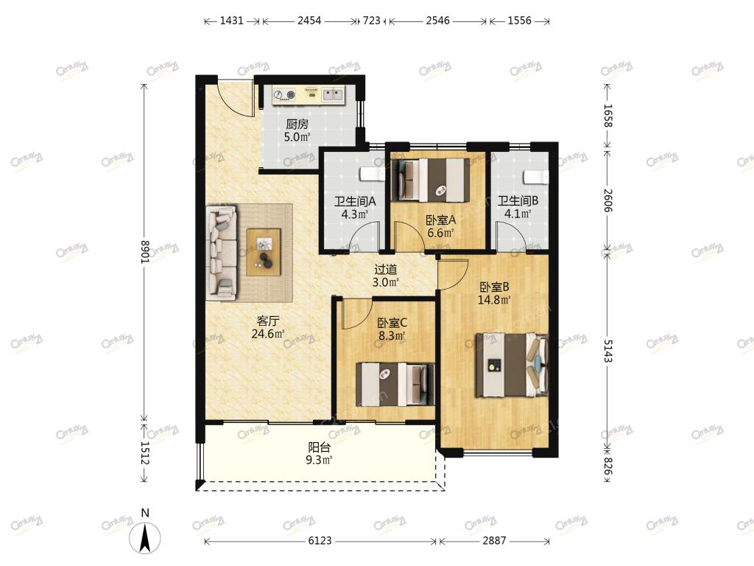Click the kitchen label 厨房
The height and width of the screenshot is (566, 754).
297,124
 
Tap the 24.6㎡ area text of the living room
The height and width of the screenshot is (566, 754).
268,333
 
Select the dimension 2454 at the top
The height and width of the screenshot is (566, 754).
309,21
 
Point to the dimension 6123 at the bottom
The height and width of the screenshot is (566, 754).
320,540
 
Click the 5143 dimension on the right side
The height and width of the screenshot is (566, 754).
608,351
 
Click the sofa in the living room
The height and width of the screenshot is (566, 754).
222,254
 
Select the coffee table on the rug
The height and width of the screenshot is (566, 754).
264,252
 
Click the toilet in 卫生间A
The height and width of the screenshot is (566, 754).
372,174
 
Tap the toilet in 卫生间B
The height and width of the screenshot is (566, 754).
536,177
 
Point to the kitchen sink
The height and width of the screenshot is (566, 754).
332,94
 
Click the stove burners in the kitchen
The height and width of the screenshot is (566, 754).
284,95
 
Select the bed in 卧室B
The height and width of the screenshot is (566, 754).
512,365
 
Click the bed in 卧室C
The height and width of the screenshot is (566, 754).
395,383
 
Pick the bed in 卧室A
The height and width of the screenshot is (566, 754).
430,180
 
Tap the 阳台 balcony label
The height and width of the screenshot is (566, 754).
320,447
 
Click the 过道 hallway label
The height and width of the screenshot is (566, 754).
386,270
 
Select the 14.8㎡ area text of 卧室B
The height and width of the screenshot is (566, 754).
494,300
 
